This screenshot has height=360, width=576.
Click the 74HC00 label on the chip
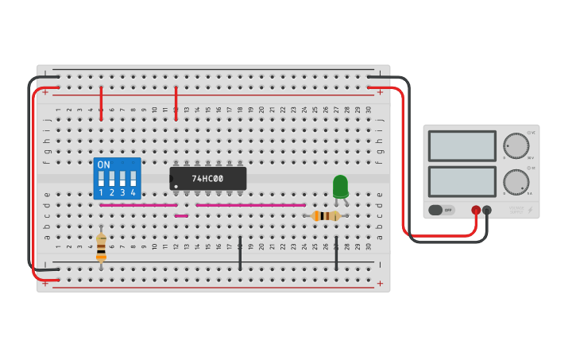pos(207,179)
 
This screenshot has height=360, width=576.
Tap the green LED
pos(340,186)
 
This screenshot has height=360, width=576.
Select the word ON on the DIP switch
pos(104,165)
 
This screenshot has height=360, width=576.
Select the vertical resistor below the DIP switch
pos(101,246)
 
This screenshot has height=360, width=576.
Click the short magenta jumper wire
pos(181,215)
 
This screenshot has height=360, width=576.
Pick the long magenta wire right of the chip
pos(250,205)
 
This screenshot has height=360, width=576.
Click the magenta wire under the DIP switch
pos(138,205)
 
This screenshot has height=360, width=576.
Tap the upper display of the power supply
pos(462,146)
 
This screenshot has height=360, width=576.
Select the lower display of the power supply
pos(462,181)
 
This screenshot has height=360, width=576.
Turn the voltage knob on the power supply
pos(516,146)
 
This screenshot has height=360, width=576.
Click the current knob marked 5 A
pos(516,182)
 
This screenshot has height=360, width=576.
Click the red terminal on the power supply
pos(476,211)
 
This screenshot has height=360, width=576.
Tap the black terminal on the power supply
pos(487,211)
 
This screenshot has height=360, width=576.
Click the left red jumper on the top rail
pos(101,103)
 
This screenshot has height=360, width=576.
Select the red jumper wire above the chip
pos(176,103)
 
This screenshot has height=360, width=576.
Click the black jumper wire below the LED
pos(336,253)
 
